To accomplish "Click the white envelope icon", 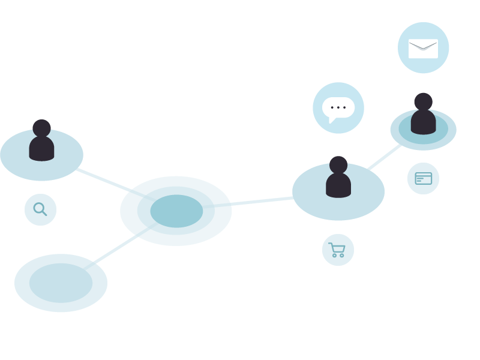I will coord(423,49).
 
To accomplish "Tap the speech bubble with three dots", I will coord(338,107).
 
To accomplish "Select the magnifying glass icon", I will coord(40,209).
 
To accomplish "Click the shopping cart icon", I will coord(337,250).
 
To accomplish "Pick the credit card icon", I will coord(423,178).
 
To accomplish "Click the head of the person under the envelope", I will coord(423,101).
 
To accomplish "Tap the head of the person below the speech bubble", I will coord(338,164).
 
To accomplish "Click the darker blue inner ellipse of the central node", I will coord(176,211).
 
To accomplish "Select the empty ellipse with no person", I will coord(61,283).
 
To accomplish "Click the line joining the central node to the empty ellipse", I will coord(115,251).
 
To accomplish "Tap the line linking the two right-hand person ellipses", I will coord(384,157).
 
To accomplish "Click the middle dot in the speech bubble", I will coord(338,107).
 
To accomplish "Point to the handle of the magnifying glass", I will coord(44,213).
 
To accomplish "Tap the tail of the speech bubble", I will coord(332,120).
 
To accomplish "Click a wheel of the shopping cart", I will coord(334,256).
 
